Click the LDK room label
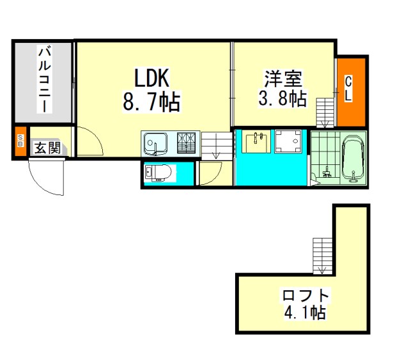pyautogui.click(x=152, y=77)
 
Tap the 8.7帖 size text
pyautogui.click(x=151, y=101)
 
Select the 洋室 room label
pyautogui.click(x=283, y=79)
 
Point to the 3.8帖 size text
pyautogui.click(x=282, y=98)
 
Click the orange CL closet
pyautogui.click(x=351, y=92)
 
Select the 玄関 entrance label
pyautogui.click(x=47, y=148)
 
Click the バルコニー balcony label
pyautogui.click(x=45, y=79)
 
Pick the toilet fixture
pyautogui.click(x=158, y=173)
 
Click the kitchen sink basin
pyautogui.click(x=155, y=144)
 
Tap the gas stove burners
pyautogui.click(x=186, y=143)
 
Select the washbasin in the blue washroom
pyautogui.click(x=256, y=143)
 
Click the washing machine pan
pyautogui.click(x=288, y=141)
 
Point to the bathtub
pyautogui.click(x=353, y=158)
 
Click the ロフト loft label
pyautogui.click(x=305, y=295)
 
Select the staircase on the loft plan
pyautogui.click(x=323, y=256)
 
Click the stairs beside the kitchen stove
pyautogui.click(x=217, y=146)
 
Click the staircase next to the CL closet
pyautogui.click(x=325, y=113)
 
